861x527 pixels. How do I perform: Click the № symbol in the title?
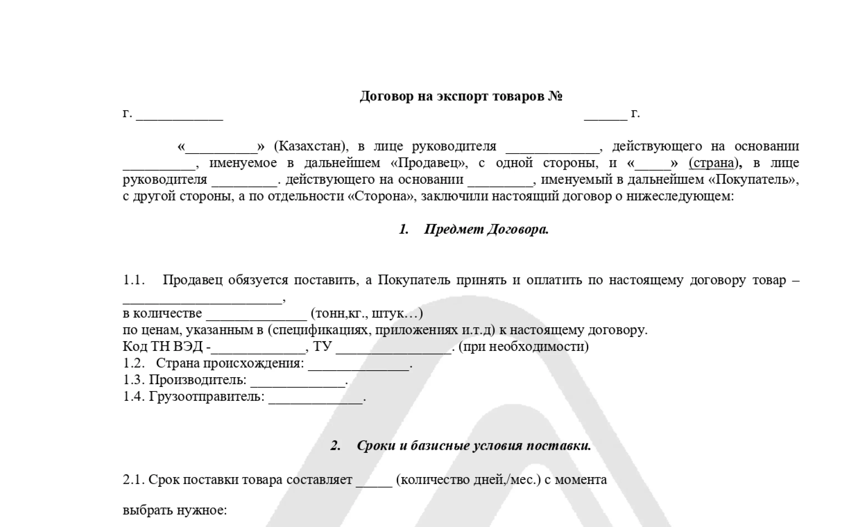[555, 96]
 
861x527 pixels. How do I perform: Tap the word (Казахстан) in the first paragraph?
[311, 146]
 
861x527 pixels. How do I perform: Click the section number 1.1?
[133, 280]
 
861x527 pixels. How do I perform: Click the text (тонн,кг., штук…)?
[367, 313]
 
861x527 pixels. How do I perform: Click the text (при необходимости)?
[523, 346]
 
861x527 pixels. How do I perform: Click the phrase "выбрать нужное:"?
[175, 510]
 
